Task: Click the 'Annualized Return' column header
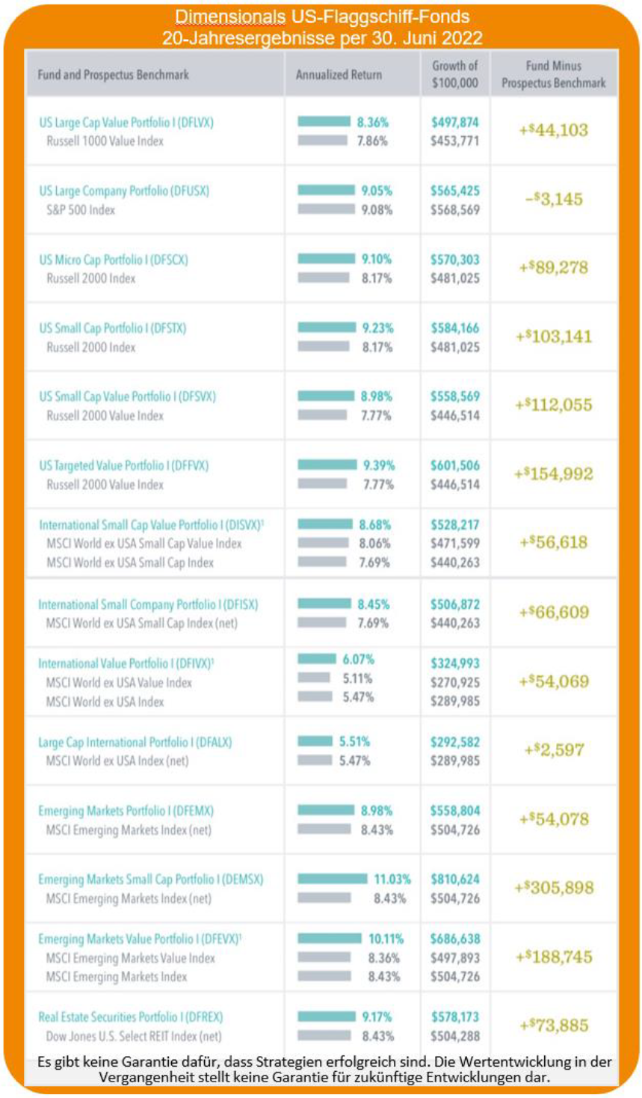[339, 75]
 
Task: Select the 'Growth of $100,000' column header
[455, 74]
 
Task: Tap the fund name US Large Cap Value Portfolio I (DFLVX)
[126, 122]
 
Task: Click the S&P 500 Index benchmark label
[81, 209]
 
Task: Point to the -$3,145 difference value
[554, 199]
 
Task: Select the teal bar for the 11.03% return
[333, 879]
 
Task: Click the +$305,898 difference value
[554, 888]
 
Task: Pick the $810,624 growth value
[455, 879]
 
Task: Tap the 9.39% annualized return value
[378, 465]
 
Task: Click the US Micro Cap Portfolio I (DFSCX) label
[114, 260]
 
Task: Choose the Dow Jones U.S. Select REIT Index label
[134, 1036]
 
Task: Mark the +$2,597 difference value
[554, 750]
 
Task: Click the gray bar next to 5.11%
[314, 678]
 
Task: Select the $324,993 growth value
[455, 663]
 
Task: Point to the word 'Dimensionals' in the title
[230, 17]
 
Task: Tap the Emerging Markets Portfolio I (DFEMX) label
[126, 811]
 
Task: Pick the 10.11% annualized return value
[386, 939]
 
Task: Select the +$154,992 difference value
[554, 474]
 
